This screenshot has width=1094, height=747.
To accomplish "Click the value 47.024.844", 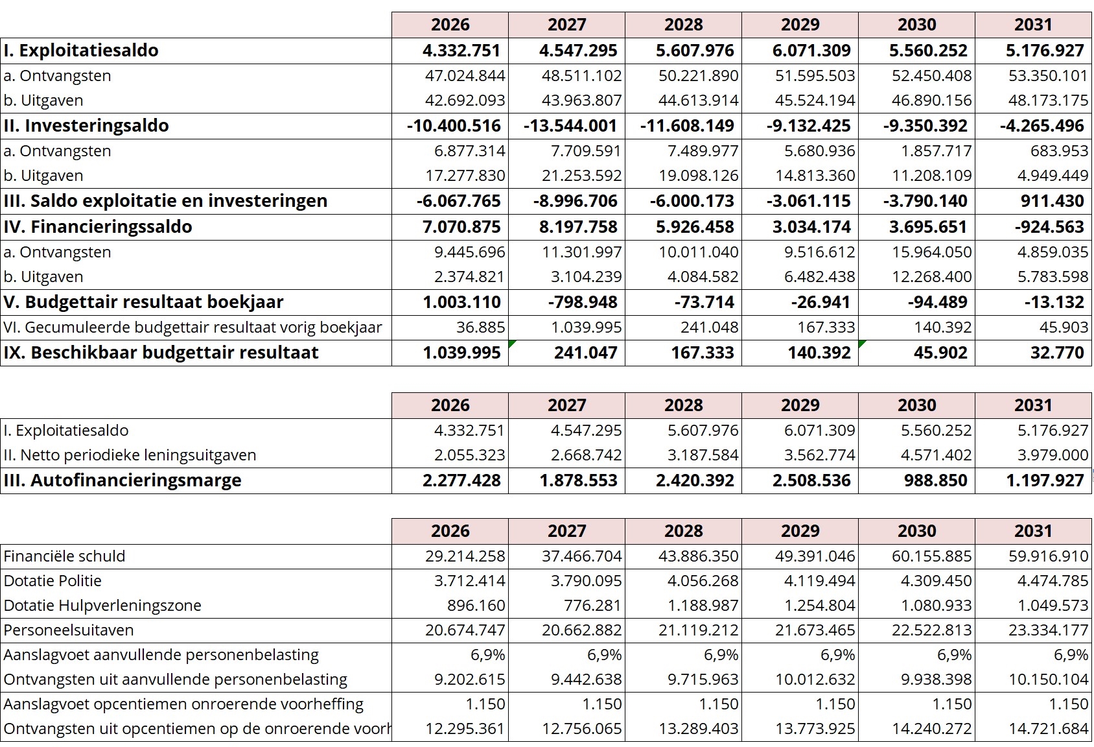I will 465,76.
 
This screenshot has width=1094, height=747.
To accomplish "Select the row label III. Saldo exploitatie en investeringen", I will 165,201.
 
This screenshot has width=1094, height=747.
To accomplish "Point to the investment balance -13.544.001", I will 570,126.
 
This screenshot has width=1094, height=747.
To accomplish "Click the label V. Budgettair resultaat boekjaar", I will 143,302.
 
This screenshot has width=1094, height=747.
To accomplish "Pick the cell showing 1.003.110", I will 461,302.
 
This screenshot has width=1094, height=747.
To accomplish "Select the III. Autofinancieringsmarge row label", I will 122,480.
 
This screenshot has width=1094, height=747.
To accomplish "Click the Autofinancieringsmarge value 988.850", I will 935,480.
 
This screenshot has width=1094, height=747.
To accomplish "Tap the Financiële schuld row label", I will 64,556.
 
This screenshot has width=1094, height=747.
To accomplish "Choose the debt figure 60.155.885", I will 931,556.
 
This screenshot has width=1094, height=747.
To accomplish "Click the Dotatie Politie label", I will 52,581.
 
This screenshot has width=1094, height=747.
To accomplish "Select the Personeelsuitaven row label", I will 69,630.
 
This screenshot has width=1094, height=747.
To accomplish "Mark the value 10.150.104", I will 1048,680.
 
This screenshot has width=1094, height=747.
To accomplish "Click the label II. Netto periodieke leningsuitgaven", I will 130,455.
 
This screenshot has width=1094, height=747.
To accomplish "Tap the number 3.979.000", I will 1053,455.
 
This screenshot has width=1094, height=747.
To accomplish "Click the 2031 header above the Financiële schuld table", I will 1033,531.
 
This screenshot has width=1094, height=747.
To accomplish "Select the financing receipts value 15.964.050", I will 931,252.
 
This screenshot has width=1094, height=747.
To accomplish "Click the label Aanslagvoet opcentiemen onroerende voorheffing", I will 183,704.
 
